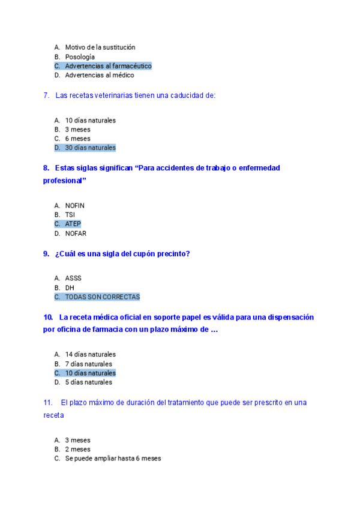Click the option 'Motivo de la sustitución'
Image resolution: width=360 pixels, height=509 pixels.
(x=100, y=47)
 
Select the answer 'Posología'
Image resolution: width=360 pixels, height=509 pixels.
(x=80, y=57)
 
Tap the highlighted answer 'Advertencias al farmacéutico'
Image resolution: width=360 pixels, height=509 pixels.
(x=108, y=66)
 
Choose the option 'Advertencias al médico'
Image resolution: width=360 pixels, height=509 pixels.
(x=100, y=76)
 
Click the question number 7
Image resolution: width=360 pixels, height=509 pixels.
(x=46, y=95)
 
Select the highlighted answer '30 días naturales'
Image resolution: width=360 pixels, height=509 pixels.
(x=90, y=148)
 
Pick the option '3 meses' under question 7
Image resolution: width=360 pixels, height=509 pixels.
(x=78, y=130)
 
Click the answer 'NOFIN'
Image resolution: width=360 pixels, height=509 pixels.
(x=75, y=206)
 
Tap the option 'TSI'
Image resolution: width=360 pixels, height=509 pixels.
(x=70, y=215)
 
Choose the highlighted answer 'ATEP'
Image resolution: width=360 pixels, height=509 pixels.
(x=73, y=224)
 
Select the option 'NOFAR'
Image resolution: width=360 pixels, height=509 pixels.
(x=76, y=233)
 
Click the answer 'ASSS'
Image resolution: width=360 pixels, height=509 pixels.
(x=73, y=279)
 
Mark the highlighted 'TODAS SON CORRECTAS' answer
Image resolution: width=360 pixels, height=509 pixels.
(x=102, y=297)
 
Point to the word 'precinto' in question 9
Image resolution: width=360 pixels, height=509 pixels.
(x=172, y=254)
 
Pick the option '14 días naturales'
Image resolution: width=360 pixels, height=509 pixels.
(x=90, y=355)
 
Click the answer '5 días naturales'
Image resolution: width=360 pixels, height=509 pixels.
(x=88, y=382)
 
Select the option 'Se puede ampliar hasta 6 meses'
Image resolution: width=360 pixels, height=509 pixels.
(x=113, y=459)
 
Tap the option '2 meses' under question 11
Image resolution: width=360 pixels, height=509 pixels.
(x=78, y=450)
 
